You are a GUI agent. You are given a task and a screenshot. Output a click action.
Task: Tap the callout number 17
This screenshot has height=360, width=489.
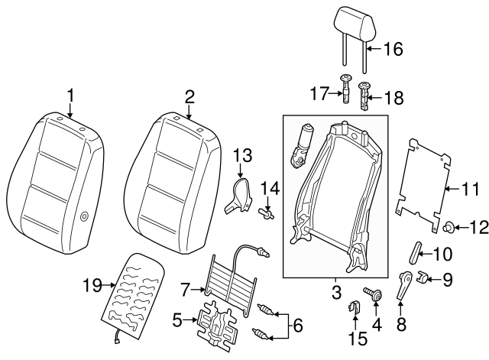(319, 95)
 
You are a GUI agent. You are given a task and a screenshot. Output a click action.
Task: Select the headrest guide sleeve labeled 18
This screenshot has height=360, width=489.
(364, 96)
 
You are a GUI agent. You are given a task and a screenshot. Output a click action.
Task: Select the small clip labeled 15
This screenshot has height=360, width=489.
(354, 309)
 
